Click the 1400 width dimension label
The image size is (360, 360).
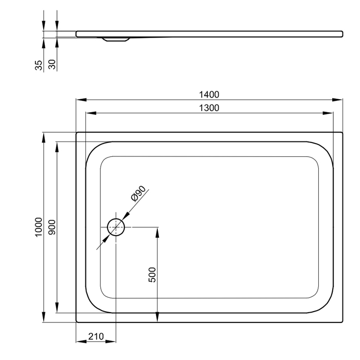point(209,95)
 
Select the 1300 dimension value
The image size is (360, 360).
point(209,108)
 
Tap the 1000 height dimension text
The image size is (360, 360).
point(39,227)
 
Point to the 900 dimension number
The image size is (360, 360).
point(52,227)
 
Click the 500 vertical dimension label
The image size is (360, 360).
point(152,275)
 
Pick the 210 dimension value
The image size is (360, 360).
point(96,336)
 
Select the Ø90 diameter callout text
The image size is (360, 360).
point(138,193)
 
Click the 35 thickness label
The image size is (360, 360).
point(39,65)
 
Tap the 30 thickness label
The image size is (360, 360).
point(52,64)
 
